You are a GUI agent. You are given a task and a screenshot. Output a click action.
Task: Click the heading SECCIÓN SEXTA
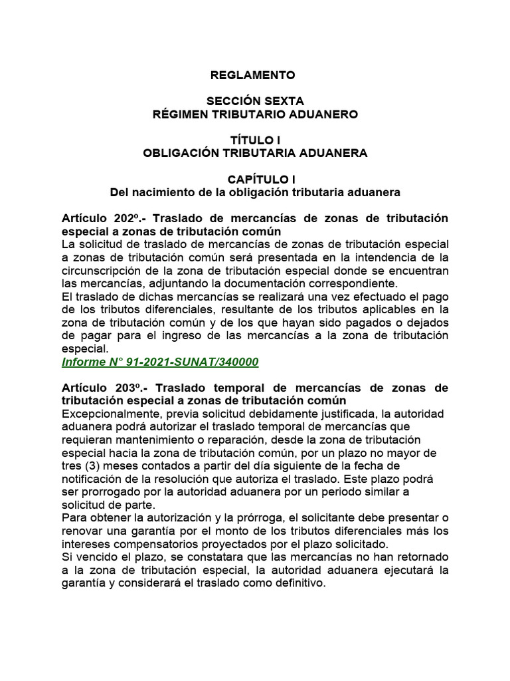(x=255, y=101)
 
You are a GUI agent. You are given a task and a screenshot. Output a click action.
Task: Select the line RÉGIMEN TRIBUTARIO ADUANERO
(x=255, y=114)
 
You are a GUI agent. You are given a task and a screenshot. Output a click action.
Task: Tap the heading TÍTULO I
(x=255, y=140)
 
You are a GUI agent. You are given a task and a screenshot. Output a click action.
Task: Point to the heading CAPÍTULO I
(x=255, y=180)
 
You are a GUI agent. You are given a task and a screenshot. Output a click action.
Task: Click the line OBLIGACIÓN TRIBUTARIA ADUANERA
(x=255, y=153)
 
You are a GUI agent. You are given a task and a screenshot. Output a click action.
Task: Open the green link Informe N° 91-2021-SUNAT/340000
(x=160, y=362)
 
